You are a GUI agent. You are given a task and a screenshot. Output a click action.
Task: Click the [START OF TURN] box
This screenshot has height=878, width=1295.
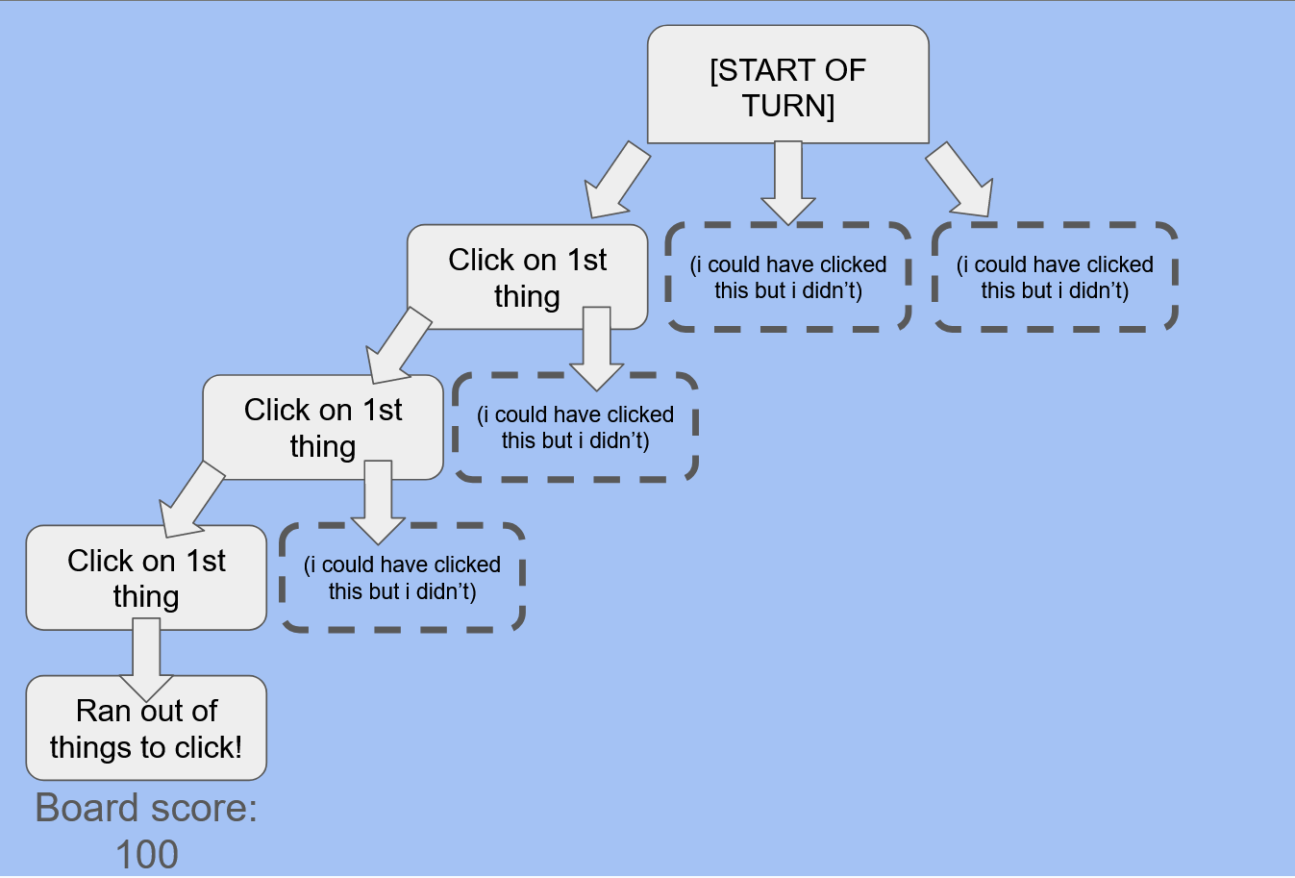pyautogui.click(x=787, y=85)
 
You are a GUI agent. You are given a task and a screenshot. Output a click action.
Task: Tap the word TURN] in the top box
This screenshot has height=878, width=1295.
pyautogui.click(x=787, y=105)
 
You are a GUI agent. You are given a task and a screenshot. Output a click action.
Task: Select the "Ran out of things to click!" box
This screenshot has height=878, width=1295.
pyautogui.click(x=146, y=728)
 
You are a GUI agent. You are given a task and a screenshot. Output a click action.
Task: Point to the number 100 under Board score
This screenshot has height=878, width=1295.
pyautogui.click(x=146, y=854)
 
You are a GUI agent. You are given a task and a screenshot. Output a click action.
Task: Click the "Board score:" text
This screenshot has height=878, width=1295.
pyautogui.click(x=146, y=808)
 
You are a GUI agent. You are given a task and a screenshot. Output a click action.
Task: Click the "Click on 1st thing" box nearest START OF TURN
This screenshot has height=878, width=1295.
pyautogui.click(x=527, y=277)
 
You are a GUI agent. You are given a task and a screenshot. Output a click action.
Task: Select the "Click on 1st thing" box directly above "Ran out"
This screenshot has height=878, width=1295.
pyautogui.click(x=146, y=577)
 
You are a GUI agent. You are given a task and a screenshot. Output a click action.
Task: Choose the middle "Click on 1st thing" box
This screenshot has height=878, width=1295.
pyautogui.click(x=322, y=427)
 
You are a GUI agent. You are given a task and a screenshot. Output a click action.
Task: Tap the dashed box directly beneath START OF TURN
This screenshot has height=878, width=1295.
pyautogui.click(x=788, y=278)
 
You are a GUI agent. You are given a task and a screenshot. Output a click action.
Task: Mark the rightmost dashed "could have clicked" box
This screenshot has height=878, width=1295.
pyautogui.click(x=1055, y=278)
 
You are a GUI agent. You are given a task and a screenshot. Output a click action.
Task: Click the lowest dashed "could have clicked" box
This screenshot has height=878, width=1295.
pyautogui.click(x=402, y=578)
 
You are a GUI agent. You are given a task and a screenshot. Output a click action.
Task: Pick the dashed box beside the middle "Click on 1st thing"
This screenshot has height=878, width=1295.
pyautogui.click(x=575, y=428)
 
